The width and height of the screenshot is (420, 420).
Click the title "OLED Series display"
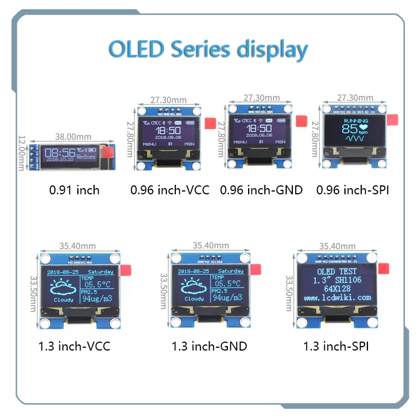pos(208,49)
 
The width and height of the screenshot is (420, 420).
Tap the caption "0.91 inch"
pos(74,190)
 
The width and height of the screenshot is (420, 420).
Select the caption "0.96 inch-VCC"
pos(170,190)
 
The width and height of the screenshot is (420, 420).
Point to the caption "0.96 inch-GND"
pos(261,190)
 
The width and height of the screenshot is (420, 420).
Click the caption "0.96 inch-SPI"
pos(353,190)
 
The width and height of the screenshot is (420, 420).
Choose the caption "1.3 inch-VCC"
pos(74,346)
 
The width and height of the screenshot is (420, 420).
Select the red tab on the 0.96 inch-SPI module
pos(392,120)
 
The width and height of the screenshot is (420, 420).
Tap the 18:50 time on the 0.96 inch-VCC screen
pos(168,129)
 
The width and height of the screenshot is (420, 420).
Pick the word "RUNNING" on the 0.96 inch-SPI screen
pos(356,121)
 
